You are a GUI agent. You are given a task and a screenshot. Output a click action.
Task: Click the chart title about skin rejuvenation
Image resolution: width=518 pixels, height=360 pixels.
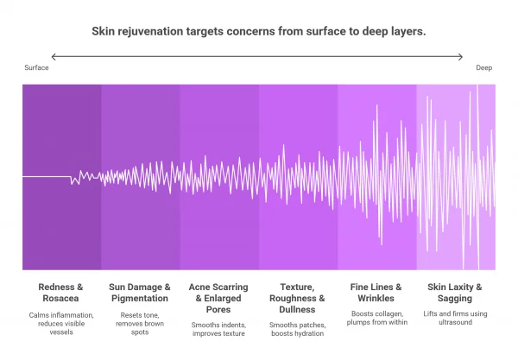259,31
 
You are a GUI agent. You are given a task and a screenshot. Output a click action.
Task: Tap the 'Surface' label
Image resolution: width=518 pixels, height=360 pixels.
36,67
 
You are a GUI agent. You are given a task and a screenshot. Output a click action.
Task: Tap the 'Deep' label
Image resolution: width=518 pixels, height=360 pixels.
483,67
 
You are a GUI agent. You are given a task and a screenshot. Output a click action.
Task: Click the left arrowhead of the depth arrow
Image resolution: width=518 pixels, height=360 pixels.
54,57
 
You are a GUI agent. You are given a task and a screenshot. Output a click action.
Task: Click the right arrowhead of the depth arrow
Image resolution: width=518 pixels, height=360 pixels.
462,57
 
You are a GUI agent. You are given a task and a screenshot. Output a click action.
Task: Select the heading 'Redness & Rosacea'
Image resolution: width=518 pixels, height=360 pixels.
61,292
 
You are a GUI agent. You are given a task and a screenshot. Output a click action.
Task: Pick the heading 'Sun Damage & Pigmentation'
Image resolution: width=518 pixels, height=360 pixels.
140,292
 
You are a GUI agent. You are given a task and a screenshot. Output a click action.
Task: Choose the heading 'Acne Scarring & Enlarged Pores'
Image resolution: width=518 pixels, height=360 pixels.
218,298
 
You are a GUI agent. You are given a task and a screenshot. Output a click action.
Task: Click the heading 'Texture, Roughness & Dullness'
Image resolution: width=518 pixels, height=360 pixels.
297,298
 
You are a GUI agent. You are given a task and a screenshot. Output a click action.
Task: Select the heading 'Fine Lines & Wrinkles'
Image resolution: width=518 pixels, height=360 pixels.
376,292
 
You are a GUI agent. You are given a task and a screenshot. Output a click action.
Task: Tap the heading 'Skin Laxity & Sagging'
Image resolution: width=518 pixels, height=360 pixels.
455,292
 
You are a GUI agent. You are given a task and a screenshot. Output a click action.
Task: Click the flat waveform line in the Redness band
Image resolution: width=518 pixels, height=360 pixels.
47,176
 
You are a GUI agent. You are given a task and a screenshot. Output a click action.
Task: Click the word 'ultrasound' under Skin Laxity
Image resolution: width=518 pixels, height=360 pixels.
455,325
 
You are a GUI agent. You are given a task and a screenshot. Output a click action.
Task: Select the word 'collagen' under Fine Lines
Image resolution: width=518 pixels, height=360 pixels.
385,313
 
